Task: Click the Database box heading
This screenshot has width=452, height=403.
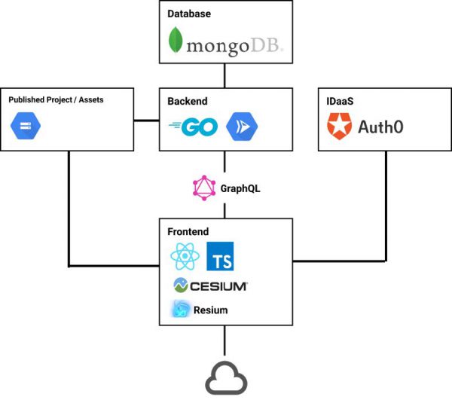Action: point(189,14)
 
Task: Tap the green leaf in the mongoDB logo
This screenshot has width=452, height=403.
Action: point(176,41)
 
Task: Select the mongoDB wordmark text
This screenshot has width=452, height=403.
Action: point(234,47)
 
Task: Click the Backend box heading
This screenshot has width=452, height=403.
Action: point(187,100)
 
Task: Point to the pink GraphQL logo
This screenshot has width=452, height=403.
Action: point(203,187)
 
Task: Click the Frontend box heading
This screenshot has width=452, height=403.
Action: point(188,232)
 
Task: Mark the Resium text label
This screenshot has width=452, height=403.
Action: point(210,309)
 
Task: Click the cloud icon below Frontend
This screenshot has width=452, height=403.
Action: point(226,378)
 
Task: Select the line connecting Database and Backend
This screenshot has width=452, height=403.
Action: point(225,75)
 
